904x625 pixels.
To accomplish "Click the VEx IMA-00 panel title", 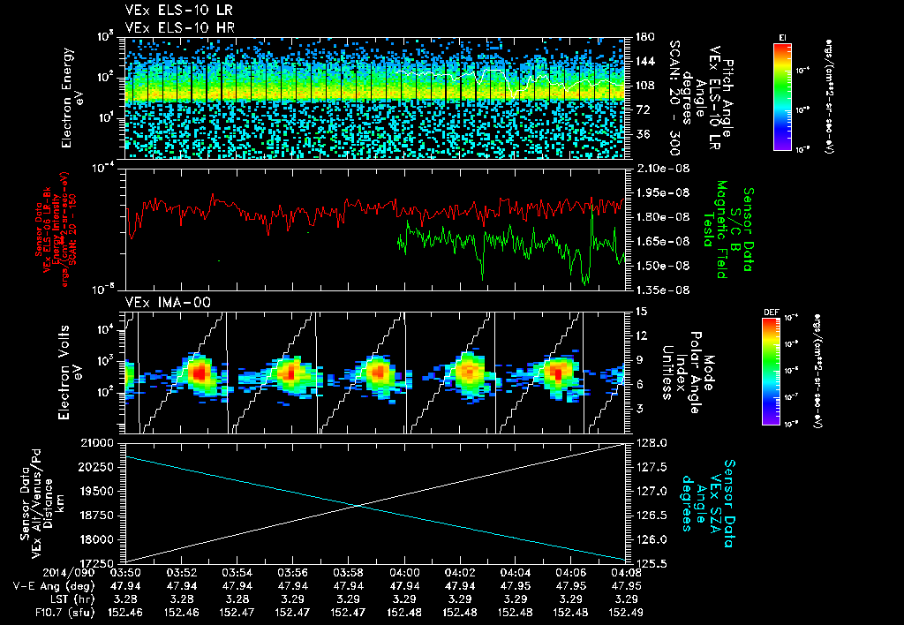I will pos(160,302).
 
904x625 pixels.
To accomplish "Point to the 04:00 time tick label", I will pos(404,572).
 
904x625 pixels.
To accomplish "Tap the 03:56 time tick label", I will pos(292,572).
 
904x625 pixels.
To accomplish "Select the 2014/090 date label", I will pos(34,572).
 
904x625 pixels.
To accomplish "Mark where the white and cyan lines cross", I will pos(358,505).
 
